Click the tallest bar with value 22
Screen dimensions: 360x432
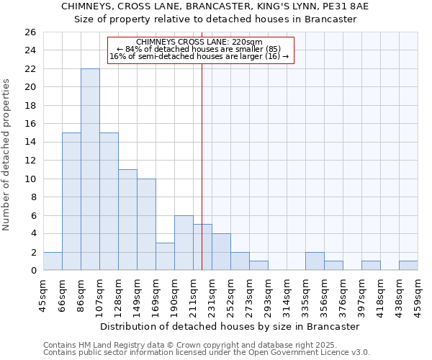(x=90, y=169)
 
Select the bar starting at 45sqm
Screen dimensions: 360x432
(x=53, y=261)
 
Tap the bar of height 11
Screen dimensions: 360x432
(x=127, y=220)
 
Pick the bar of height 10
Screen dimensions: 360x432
(x=146, y=225)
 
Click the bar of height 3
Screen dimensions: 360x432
(x=165, y=256)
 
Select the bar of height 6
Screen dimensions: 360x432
(x=184, y=243)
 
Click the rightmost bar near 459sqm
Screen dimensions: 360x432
(x=408, y=266)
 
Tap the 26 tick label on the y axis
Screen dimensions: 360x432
(x=30, y=32)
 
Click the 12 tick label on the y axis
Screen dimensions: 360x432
(x=30, y=161)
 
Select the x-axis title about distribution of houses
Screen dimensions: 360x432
(x=230, y=326)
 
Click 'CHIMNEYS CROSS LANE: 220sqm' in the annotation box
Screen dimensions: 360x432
(x=199, y=42)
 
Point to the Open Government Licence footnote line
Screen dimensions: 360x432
(x=207, y=353)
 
